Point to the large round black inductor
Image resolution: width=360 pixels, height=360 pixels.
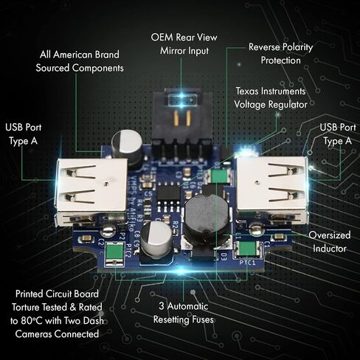click(207, 219)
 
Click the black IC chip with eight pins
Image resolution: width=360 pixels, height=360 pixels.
click(168, 194)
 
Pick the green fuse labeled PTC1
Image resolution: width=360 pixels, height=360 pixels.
click(248, 249)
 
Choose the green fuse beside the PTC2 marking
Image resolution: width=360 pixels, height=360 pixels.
click(114, 253)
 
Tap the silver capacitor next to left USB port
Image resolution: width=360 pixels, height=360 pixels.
click(127, 146)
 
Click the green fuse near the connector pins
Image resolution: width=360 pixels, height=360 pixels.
click(219, 175)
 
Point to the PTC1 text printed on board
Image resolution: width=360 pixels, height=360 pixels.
click(247, 263)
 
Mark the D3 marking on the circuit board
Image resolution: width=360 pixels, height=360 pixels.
click(224, 257)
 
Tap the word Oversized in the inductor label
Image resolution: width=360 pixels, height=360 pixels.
click(330, 235)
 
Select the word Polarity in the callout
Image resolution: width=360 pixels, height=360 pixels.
click(297, 47)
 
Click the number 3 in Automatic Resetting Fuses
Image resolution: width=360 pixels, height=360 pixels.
click(162, 306)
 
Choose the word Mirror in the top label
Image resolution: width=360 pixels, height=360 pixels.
click(171, 51)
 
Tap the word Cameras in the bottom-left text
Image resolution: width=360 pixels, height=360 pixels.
click(34, 334)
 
